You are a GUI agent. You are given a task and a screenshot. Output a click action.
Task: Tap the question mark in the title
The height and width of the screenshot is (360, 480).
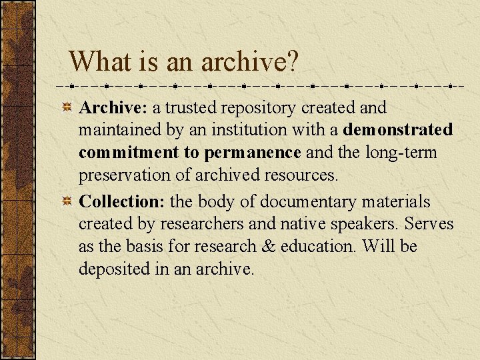pyautogui.click(x=292, y=61)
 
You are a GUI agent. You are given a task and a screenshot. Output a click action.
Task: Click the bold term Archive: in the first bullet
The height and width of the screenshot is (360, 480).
pyautogui.click(x=113, y=107)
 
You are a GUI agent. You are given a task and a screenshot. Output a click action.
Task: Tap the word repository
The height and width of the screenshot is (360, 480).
pyautogui.click(x=258, y=107)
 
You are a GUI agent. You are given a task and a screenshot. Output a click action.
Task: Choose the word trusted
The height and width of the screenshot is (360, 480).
pyautogui.click(x=191, y=107)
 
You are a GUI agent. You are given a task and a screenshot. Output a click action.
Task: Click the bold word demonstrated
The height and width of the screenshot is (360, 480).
pyautogui.click(x=398, y=129)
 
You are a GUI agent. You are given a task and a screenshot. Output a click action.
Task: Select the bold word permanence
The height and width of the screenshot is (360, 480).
pyautogui.click(x=253, y=153)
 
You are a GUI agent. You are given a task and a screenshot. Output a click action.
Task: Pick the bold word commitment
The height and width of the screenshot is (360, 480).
pyautogui.click(x=129, y=153)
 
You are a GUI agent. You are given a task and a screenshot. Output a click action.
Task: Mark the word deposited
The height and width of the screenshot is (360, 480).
pyautogui.click(x=111, y=269)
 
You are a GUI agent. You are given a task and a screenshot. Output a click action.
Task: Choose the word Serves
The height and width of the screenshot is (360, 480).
pyautogui.click(x=431, y=224)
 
